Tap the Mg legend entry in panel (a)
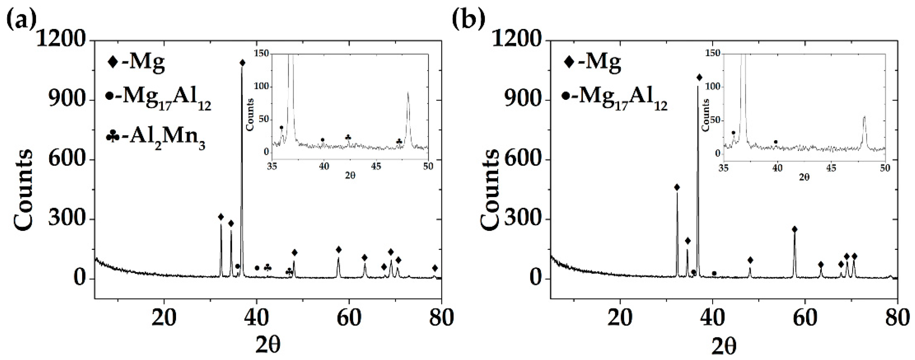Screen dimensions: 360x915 (136, 63)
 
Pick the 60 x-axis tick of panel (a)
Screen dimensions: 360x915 (349, 317)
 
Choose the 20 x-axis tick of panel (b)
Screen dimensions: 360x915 (620, 317)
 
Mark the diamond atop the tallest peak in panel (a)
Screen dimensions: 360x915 (243, 63)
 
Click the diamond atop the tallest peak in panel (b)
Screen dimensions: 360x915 (699, 77)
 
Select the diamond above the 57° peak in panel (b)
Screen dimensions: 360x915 (795, 229)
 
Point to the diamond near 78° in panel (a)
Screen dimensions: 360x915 (435, 268)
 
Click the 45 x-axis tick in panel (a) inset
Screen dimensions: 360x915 (376, 166)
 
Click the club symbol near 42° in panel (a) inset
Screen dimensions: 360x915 (348, 137)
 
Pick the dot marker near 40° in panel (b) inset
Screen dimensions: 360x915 (776, 142)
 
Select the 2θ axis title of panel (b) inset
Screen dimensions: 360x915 (804, 177)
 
